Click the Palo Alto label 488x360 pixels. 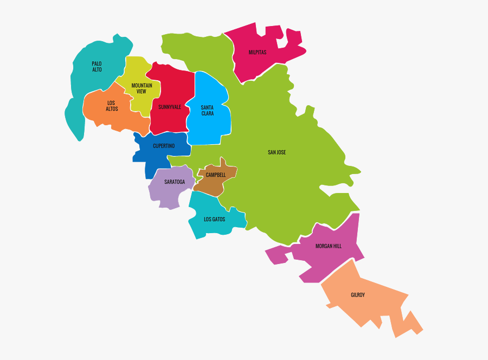click(97, 66)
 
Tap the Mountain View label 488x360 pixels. click(142, 88)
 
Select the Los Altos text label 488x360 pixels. click(112, 106)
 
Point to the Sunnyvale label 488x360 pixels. click(170, 107)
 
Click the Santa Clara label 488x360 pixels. click(207, 110)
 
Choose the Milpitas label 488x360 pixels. click(258, 53)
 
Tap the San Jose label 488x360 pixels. click(277, 152)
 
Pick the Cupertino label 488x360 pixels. click(163, 146)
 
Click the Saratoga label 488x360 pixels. click(175, 182)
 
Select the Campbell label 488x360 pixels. click(215, 175)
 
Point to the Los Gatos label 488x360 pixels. click(214, 219)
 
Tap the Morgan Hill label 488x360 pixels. click(329, 246)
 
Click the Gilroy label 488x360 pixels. click(357, 295)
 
